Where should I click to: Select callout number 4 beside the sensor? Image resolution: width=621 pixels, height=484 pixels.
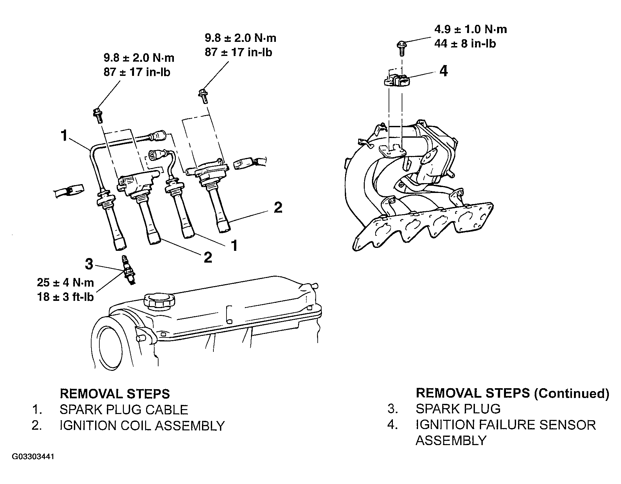click(444, 71)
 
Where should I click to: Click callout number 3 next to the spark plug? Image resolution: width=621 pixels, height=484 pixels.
click(89, 264)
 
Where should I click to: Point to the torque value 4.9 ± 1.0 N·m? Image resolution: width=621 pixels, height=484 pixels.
click(471, 29)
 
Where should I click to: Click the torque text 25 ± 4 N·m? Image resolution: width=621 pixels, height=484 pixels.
click(65, 282)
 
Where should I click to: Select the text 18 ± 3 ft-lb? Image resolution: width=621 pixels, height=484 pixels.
click(66, 297)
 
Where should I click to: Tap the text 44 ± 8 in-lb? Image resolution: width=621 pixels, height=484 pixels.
click(465, 43)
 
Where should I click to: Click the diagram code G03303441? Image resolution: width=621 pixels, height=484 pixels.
click(33, 457)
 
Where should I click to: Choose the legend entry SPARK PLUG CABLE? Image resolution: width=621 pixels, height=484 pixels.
click(124, 410)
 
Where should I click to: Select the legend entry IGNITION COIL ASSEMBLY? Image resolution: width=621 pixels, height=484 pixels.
click(142, 426)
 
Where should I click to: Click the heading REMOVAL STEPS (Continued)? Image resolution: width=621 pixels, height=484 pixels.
click(512, 393)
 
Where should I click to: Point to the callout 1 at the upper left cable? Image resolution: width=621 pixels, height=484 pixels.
click(64, 135)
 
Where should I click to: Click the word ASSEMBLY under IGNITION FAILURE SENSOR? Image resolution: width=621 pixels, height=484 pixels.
click(451, 441)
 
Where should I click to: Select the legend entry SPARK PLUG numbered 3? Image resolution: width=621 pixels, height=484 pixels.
click(458, 409)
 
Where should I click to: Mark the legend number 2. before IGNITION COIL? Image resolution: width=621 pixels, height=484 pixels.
click(37, 426)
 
